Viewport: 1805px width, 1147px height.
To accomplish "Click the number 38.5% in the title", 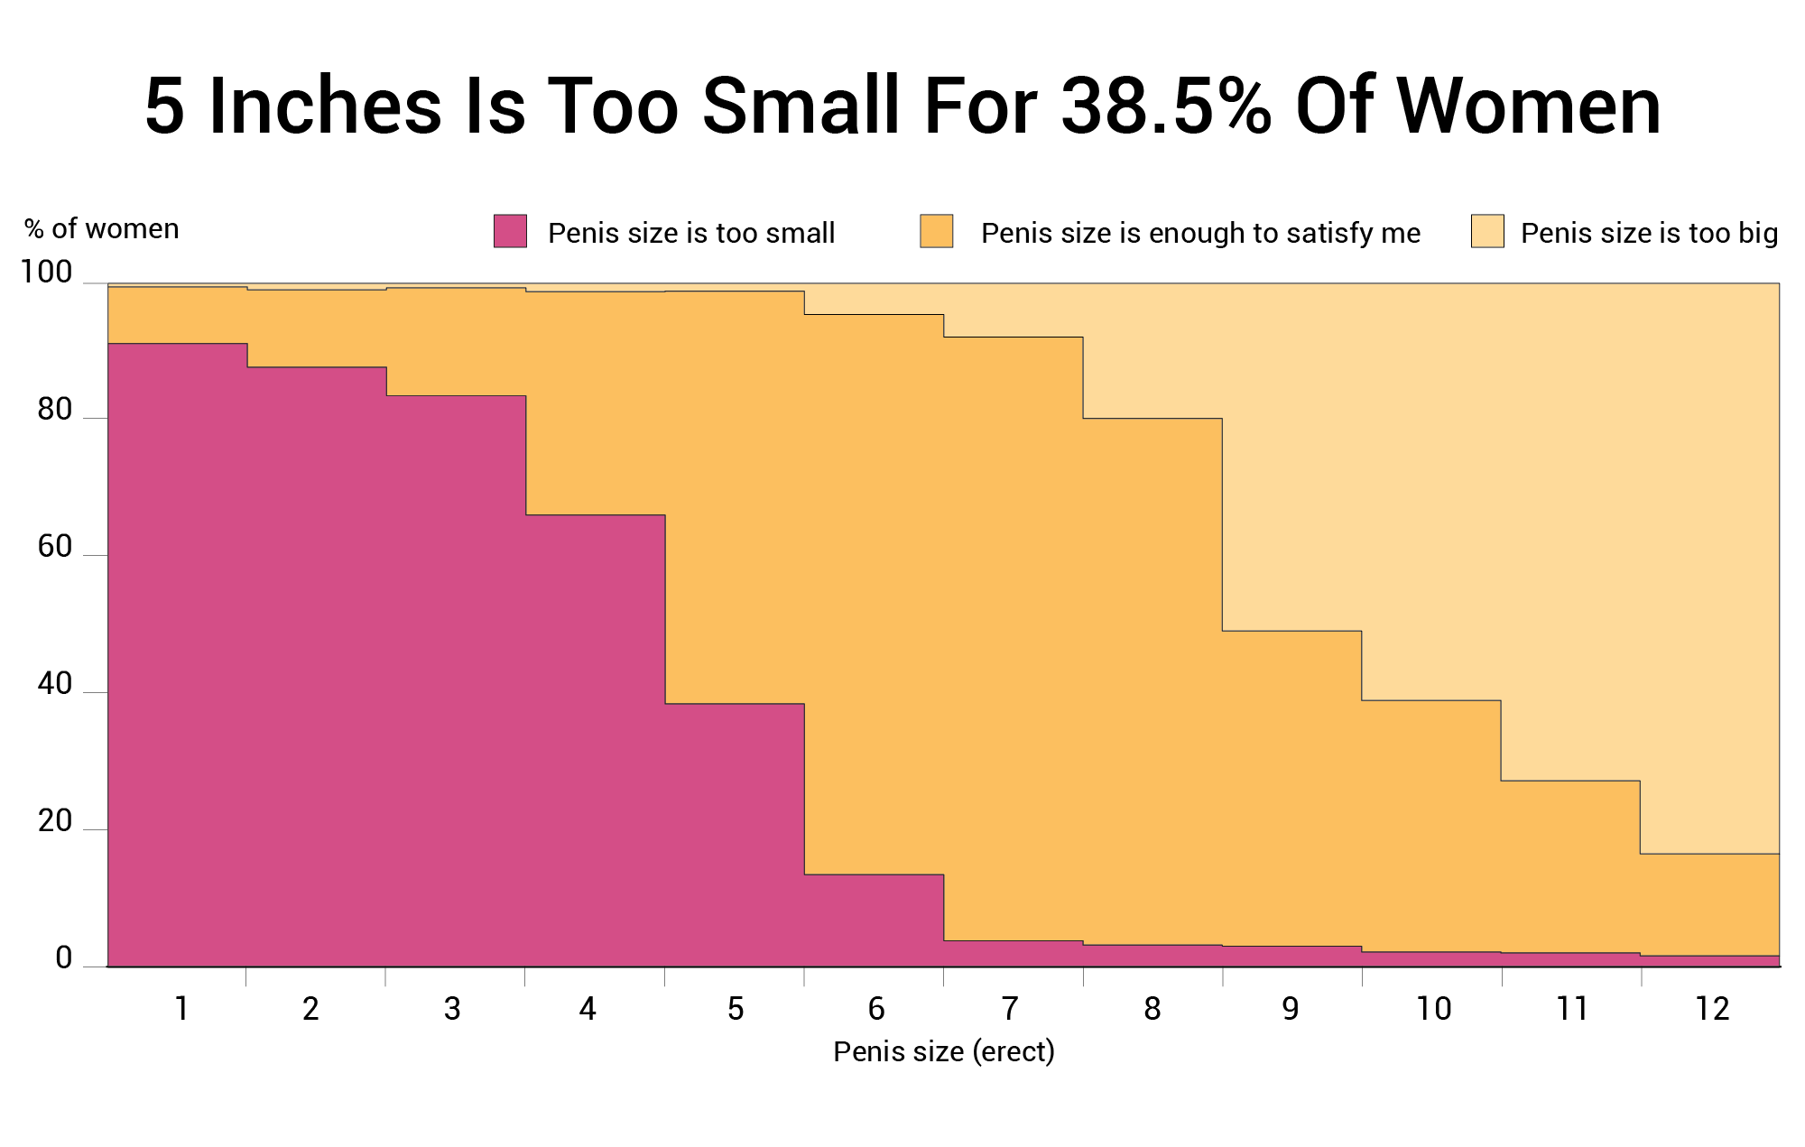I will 1165,106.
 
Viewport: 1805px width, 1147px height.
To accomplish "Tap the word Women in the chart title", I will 1526,106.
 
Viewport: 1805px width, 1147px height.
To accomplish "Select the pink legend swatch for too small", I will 510,231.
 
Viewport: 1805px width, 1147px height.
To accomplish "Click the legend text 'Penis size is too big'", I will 1649,233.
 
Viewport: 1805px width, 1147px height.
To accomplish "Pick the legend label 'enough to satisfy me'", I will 1200,233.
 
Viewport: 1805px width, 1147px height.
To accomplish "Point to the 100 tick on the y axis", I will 46,272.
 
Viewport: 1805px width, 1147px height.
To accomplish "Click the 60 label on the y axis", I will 54,547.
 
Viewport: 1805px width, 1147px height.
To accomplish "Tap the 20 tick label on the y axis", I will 54,821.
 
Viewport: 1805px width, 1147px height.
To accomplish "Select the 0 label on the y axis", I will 63,958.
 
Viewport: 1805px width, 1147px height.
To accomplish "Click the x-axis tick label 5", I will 736,1009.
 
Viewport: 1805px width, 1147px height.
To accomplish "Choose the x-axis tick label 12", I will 1712,1009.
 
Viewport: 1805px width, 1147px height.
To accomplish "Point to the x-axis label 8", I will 1152,1009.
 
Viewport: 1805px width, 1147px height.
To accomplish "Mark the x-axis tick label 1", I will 181,1009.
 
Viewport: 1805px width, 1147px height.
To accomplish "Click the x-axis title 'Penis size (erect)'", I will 943,1051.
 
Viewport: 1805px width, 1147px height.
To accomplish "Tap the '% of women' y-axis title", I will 102,229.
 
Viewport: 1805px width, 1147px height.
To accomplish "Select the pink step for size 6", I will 874,920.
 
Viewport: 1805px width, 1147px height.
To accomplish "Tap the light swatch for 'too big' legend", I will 1487,231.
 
